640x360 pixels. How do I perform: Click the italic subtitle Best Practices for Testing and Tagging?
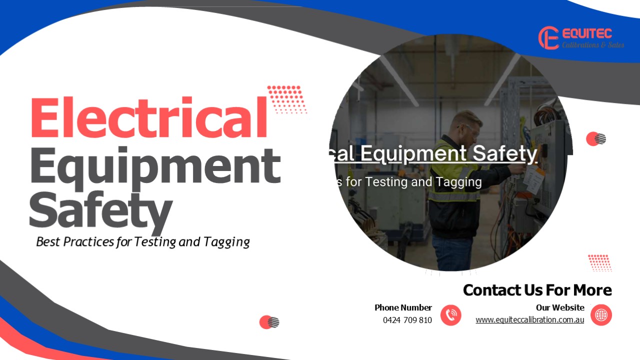pos(143,242)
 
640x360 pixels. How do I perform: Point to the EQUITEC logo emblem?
pos(548,38)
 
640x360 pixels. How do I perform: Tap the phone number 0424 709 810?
pos(407,320)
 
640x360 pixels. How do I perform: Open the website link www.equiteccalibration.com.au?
pos(529,320)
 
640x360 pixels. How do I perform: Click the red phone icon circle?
pos(451,315)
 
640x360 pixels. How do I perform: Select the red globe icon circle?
pos(601,315)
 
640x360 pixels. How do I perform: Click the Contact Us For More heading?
pos(537,290)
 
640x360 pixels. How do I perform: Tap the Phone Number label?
pos(403,307)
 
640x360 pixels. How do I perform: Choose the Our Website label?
pos(560,307)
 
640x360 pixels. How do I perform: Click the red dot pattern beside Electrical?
pos(286,99)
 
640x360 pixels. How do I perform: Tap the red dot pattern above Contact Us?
pos(599,262)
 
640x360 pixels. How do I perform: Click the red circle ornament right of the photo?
pos(595,139)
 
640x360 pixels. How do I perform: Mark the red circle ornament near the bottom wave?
pos(268,322)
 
